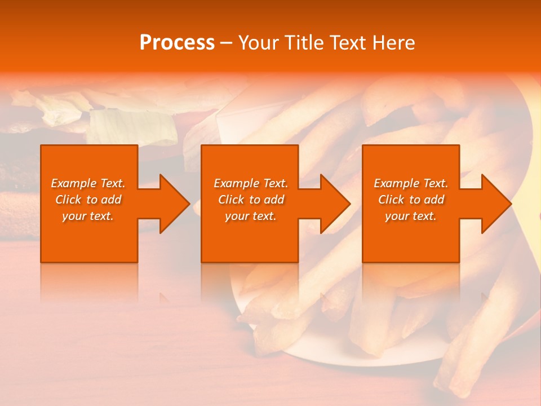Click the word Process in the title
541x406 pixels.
tap(177, 43)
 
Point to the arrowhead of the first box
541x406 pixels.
tap(175, 204)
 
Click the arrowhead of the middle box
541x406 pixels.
tap(335, 204)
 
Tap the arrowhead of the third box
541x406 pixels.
tap(496, 204)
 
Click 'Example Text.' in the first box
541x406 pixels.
tap(88, 183)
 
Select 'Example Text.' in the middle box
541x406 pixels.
tap(251, 183)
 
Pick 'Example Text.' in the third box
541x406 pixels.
tap(411, 183)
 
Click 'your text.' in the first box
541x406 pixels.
tap(88, 216)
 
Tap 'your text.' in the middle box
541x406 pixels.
tap(251, 216)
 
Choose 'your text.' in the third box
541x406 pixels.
tap(411, 216)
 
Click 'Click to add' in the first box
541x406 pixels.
tap(88, 200)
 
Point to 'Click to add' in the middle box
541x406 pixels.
tap(251, 200)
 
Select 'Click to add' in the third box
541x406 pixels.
tap(411, 200)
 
